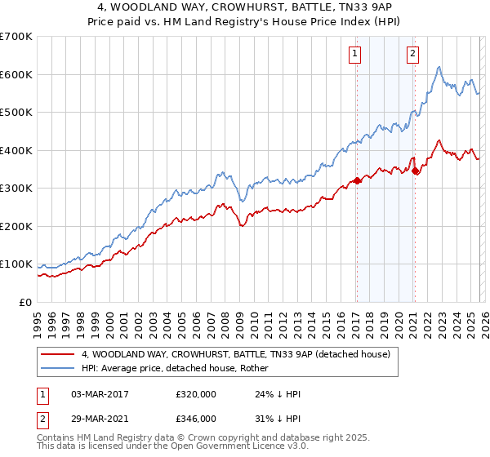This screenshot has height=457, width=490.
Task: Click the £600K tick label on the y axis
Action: [x=16, y=74]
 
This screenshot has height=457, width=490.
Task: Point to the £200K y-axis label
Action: [x=16, y=226]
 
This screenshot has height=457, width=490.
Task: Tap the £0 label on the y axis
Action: [x=26, y=302]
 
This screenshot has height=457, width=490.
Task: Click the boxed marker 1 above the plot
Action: [x=356, y=54]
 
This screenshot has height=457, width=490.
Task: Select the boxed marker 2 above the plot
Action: [x=412, y=54]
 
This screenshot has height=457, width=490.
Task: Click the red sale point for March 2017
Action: [x=357, y=181]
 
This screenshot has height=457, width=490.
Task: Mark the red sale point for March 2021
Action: [x=416, y=171]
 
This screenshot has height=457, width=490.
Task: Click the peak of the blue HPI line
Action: [x=439, y=68]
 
